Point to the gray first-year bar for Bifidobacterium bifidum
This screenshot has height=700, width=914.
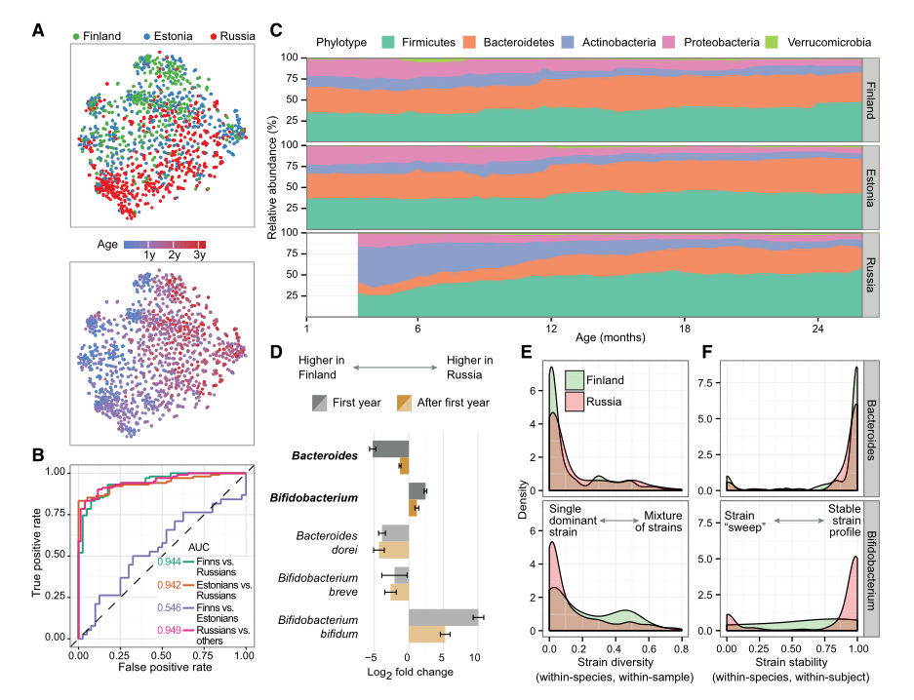tap(443, 616)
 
